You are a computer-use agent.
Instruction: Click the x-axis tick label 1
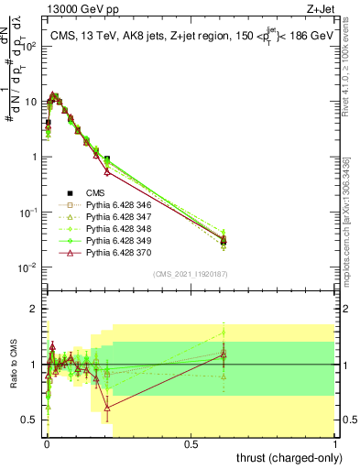click(335, 442)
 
